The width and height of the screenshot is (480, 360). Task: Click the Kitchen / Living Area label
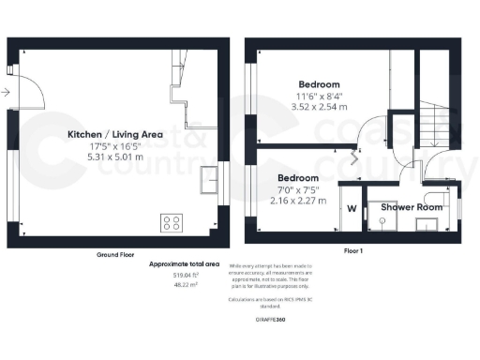coord(117,134)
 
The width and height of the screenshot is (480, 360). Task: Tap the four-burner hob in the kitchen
coord(172,222)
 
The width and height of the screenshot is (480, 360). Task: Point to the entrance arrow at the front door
coord(7,92)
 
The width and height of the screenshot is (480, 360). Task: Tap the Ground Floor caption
coord(118,255)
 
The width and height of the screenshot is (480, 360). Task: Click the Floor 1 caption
coord(354,252)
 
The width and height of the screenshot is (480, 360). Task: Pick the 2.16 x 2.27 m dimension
coord(296,200)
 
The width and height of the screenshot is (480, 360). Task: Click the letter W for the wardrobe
coord(352,208)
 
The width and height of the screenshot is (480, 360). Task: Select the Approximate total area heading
coord(184,265)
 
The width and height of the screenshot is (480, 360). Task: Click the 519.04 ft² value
coord(184,276)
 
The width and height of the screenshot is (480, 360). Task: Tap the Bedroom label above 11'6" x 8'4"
coord(320,82)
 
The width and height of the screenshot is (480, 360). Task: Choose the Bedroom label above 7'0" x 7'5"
coord(297,177)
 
